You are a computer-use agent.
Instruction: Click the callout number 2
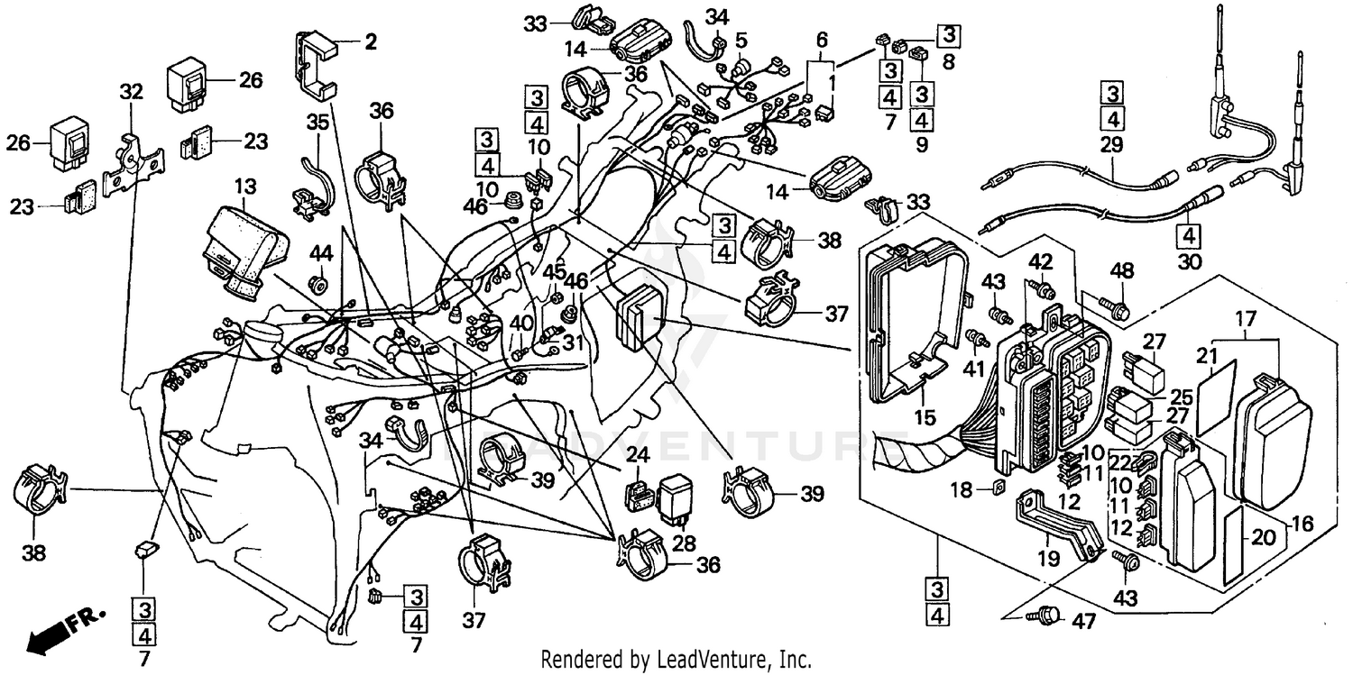371,41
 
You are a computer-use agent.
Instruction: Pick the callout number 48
1121,271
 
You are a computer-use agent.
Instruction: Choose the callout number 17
1245,318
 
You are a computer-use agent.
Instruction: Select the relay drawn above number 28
676,495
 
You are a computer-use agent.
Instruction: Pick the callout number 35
317,121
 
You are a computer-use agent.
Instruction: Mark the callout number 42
1041,262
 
